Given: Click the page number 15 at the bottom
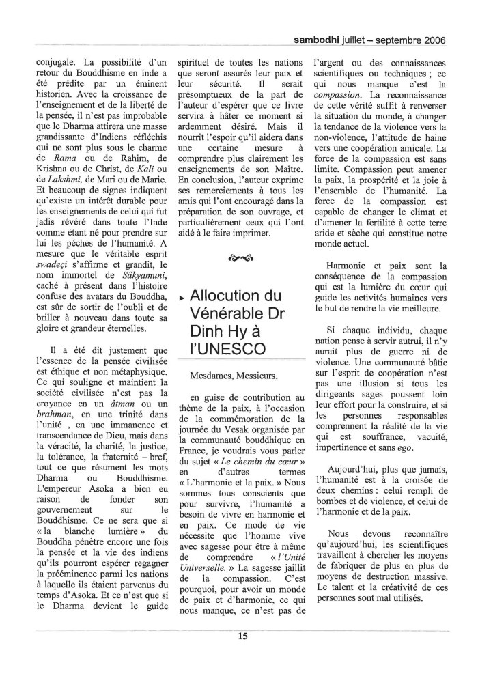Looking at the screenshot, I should [x=242, y=638].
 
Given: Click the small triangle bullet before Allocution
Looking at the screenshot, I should [x=180, y=298].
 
